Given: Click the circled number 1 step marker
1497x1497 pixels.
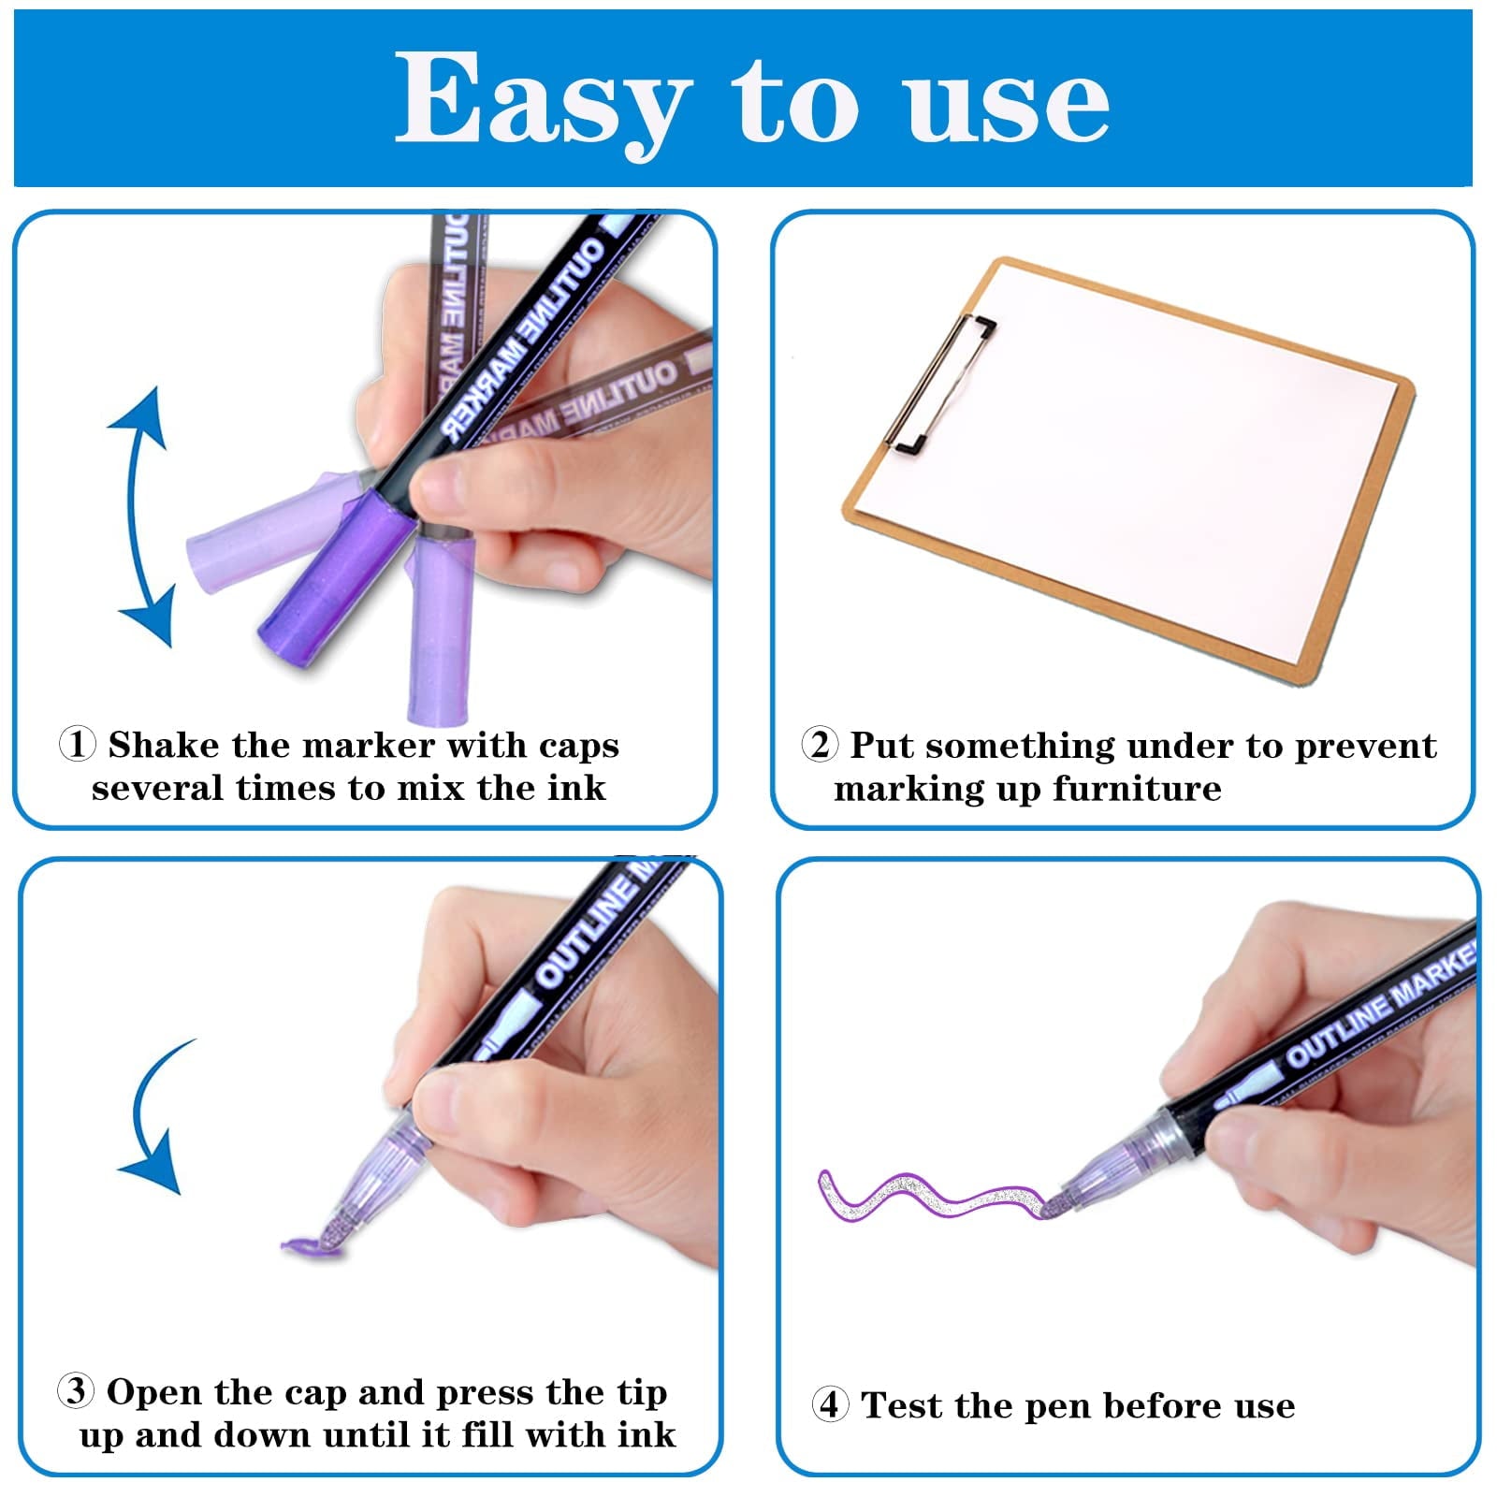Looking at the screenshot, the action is pyautogui.click(x=77, y=745).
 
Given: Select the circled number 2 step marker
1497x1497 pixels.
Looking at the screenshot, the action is pyautogui.click(x=820, y=745).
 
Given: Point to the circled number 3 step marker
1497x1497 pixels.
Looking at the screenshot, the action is pyautogui.click(x=76, y=1391).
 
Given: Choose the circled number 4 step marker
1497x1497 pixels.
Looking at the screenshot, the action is pyautogui.click(x=830, y=1404).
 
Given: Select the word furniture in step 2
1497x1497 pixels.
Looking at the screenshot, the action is pyautogui.click(x=1137, y=788).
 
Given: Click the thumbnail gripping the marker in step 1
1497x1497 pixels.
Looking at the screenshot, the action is pyautogui.click(x=440, y=487).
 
